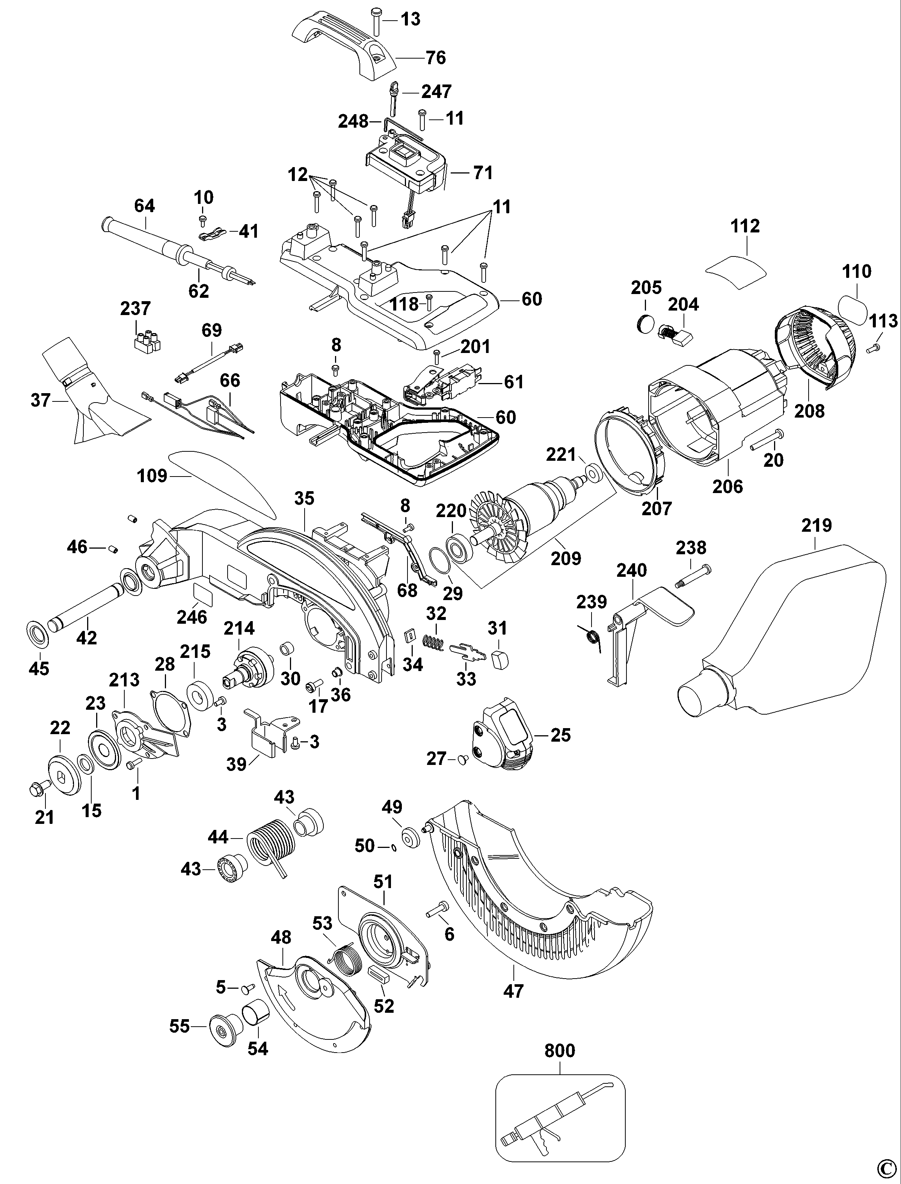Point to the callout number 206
coord(728,486)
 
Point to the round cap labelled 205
coord(645,323)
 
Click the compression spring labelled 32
coord(435,641)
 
